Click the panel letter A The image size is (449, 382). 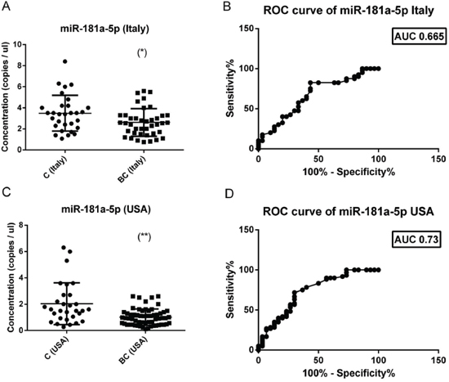tap(6, 6)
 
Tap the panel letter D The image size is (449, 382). tap(229, 194)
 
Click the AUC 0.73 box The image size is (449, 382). tap(416, 239)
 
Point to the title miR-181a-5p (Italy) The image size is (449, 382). tap(104, 29)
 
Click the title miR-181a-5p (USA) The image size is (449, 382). tap(106, 209)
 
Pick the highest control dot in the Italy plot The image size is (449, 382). tap(65, 61)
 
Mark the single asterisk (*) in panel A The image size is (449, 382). tap(142, 53)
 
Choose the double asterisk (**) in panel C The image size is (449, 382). tap(144, 237)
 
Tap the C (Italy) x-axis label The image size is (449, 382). tap(56, 167)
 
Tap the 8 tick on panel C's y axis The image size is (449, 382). tap(20, 225)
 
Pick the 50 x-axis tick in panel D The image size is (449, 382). tap(318, 360)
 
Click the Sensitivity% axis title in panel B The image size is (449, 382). tap(230, 88)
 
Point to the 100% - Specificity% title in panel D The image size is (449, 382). tap(349, 373)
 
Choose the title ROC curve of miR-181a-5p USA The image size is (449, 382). tap(349, 212)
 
